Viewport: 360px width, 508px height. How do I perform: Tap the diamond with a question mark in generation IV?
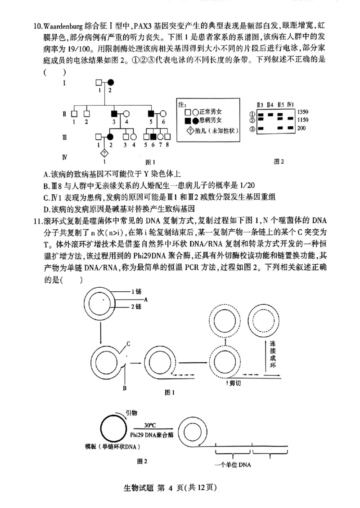[x=104, y=152]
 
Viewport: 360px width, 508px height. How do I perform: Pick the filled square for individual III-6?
[x=153, y=136]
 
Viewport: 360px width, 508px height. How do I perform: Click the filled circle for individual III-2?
[x=109, y=136]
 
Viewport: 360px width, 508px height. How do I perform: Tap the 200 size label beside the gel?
[x=301, y=129]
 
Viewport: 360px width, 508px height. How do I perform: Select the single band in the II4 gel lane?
[x=270, y=114]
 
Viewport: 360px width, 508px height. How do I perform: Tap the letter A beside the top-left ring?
[x=146, y=299]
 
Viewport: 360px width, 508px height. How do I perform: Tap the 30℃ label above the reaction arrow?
[x=149, y=425]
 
